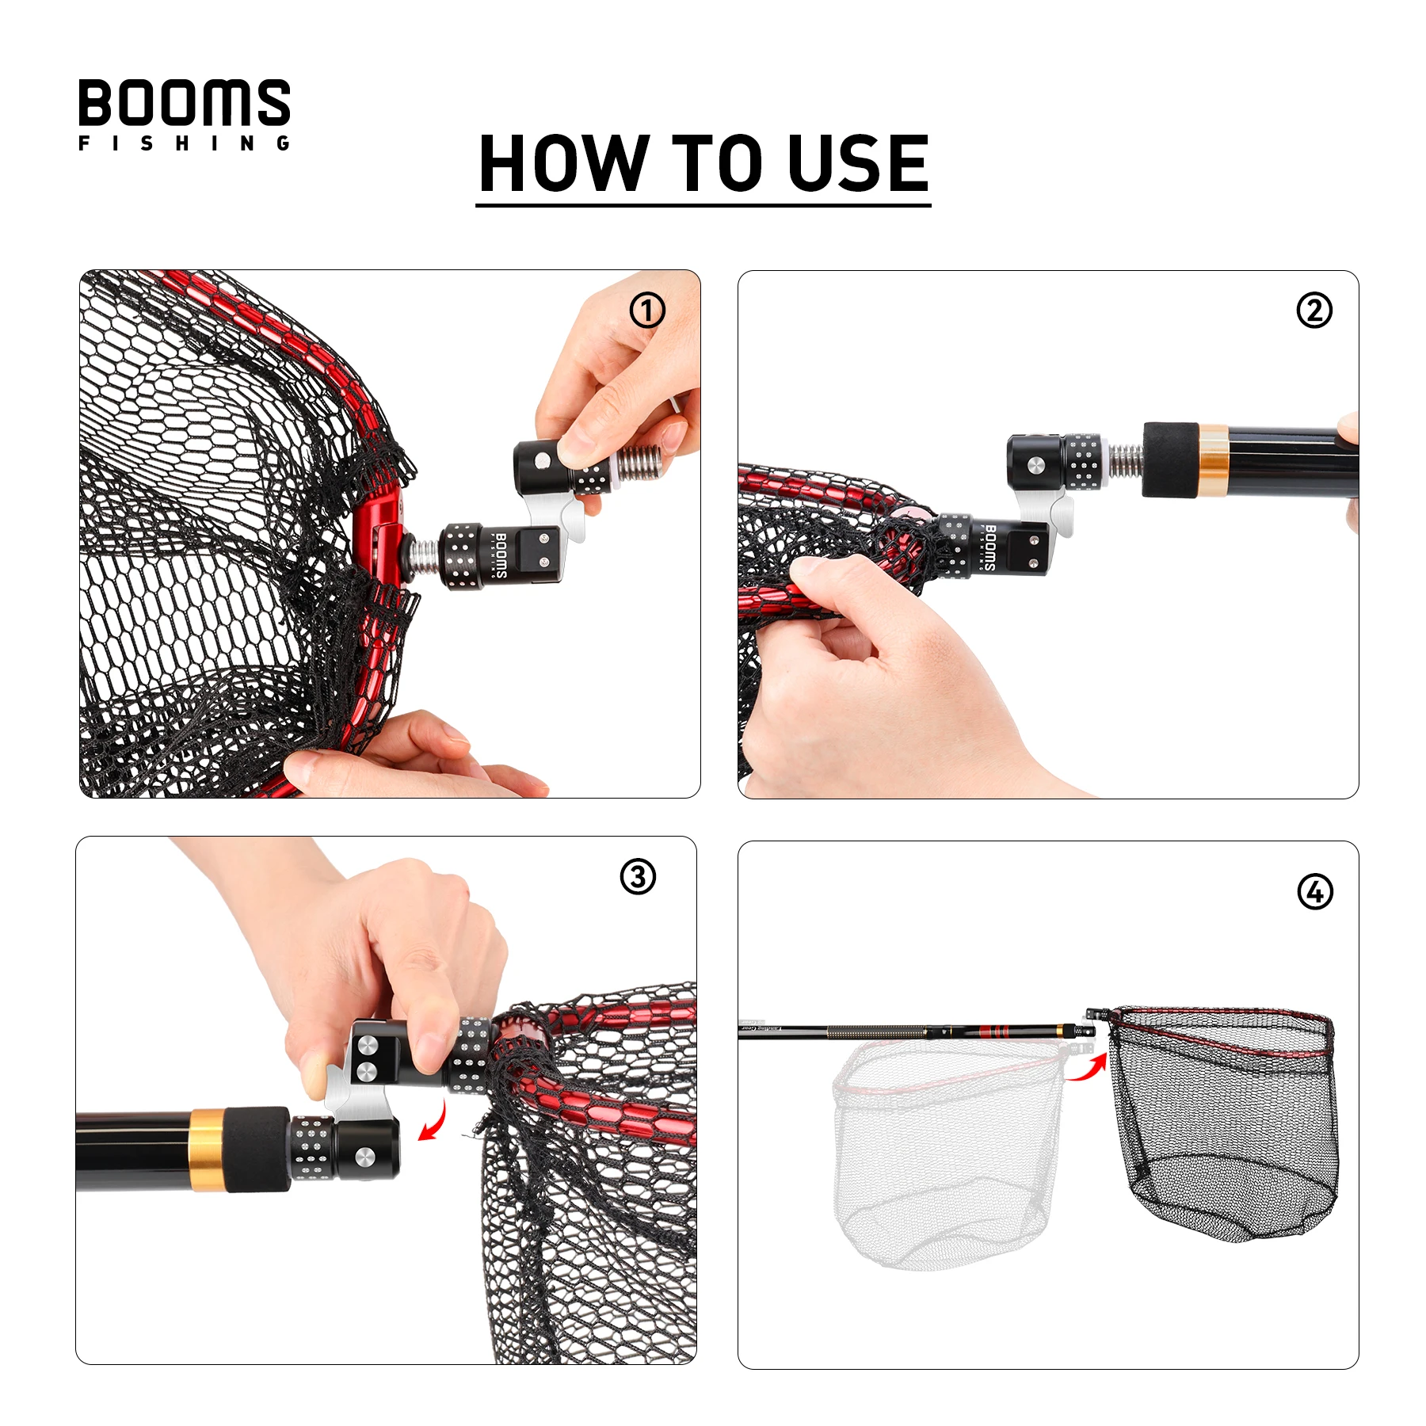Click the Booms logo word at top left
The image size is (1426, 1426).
tap(184, 102)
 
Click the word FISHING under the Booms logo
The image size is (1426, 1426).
tap(184, 143)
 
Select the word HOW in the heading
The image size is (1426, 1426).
tap(564, 163)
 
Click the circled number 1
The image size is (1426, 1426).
tap(646, 311)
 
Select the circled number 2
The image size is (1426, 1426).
tap(1314, 310)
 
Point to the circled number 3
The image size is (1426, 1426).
tap(637, 877)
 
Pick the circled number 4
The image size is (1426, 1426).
tap(1314, 891)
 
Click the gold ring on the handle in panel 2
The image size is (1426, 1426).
tap(1212, 460)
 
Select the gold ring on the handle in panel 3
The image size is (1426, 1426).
tap(206, 1150)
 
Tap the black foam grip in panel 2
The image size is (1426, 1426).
tap(1169, 460)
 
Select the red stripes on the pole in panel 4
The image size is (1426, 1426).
tap(995, 1031)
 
